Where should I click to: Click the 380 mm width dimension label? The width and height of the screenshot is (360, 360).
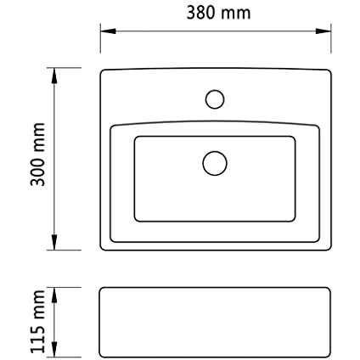218,13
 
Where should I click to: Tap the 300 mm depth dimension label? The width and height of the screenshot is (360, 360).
38,155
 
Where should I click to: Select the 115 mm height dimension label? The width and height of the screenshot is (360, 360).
38,322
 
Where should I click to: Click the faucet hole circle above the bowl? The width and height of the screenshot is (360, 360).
215,90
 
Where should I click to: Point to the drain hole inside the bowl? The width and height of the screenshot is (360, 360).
215,151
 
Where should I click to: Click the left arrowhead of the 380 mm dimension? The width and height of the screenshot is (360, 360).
108,31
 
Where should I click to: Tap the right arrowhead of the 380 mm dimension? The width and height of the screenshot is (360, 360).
323,31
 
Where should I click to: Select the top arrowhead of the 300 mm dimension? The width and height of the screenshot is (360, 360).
54,76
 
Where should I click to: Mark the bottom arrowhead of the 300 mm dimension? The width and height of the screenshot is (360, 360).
54,242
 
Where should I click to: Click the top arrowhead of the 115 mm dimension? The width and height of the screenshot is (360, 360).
54,295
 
